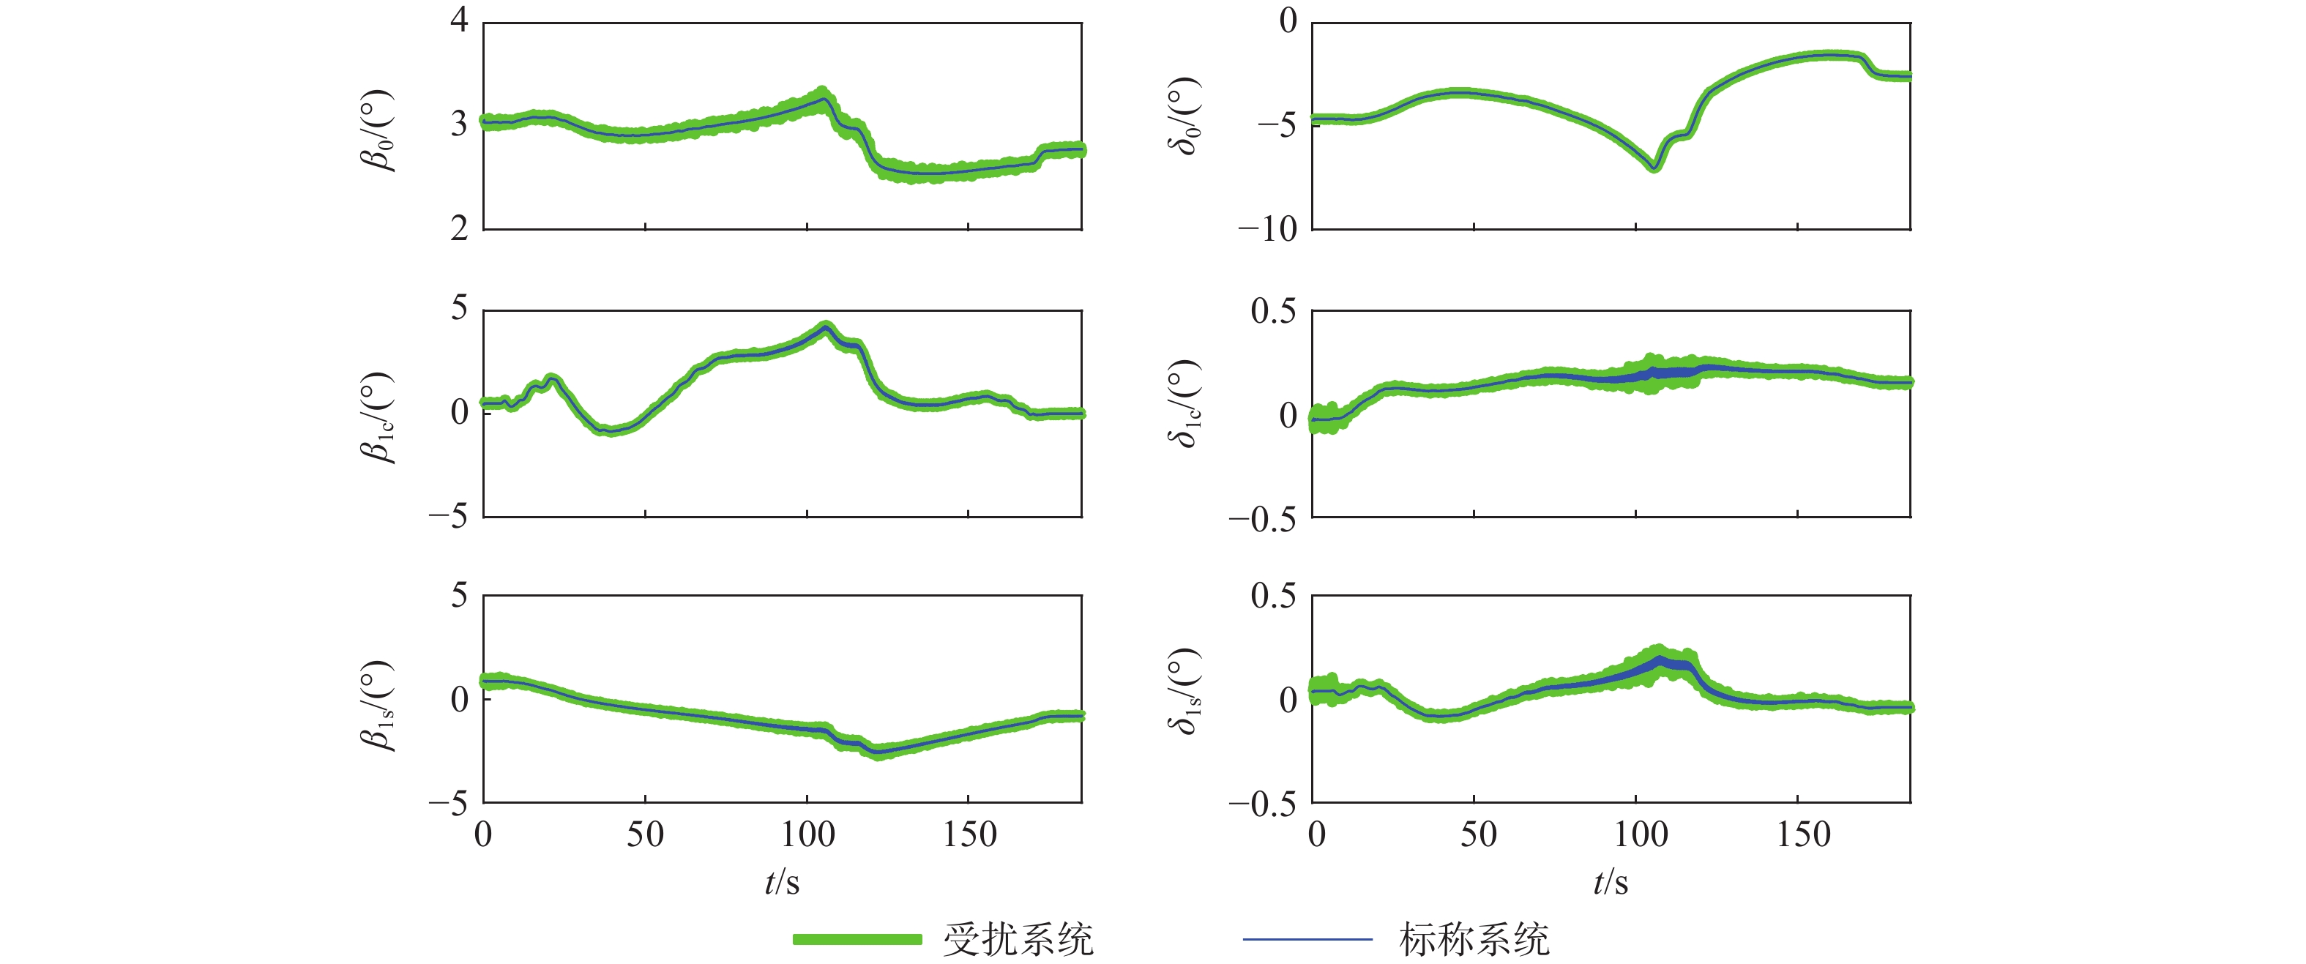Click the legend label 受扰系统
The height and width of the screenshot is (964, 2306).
[1018, 939]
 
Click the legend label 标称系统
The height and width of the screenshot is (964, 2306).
[1474, 939]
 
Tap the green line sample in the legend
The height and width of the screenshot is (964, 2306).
[857, 939]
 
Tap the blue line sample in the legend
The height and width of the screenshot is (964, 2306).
[1307, 939]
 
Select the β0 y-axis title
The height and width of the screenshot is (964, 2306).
[377, 130]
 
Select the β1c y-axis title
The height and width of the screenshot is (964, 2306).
[377, 416]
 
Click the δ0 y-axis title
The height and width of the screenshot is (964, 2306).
[1184, 116]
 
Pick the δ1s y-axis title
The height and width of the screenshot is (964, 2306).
[1184, 691]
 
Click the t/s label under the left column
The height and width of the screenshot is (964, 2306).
[782, 883]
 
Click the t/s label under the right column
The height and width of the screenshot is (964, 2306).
[1611, 883]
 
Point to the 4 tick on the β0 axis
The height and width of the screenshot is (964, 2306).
[459, 19]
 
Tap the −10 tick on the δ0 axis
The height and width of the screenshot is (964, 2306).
[1266, 230]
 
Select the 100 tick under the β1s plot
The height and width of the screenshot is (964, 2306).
[807, 835]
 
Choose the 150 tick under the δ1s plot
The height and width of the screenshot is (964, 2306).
[1803, 835]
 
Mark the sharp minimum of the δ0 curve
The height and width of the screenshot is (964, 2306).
[1654, 166]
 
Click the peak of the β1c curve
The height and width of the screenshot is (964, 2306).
[825, 328]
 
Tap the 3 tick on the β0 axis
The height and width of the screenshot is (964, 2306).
[459, 124]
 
